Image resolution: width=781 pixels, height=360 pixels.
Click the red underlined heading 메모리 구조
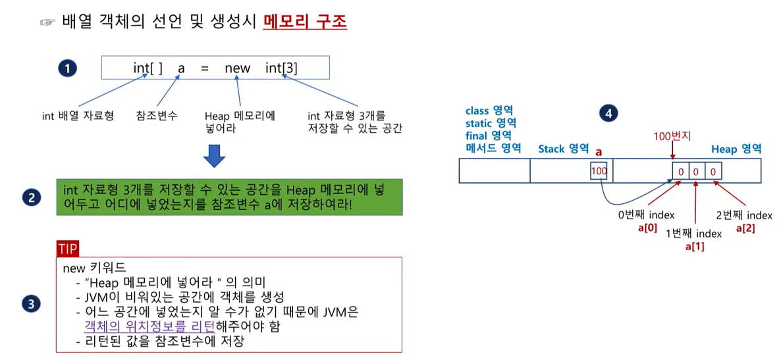(305, 22)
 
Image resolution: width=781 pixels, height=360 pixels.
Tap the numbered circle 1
(67, 68)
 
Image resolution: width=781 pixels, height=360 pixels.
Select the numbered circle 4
(608, 114)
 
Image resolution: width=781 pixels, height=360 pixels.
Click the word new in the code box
(237, 68)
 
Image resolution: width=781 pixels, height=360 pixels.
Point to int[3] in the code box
(281, 68)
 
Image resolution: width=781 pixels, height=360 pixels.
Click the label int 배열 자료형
(78, 116)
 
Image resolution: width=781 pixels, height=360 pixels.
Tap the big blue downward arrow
(215, 155)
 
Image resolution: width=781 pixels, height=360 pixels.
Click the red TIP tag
(68, 249)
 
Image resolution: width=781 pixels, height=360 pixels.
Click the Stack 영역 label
(563, 149)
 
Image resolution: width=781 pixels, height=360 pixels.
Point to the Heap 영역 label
(736, 149)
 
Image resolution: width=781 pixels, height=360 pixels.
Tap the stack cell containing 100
(600, 171)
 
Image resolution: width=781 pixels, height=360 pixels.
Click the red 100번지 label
(672, 137)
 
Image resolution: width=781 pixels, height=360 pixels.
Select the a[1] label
(695, 247)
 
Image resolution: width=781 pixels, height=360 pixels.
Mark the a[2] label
(745, 228)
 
